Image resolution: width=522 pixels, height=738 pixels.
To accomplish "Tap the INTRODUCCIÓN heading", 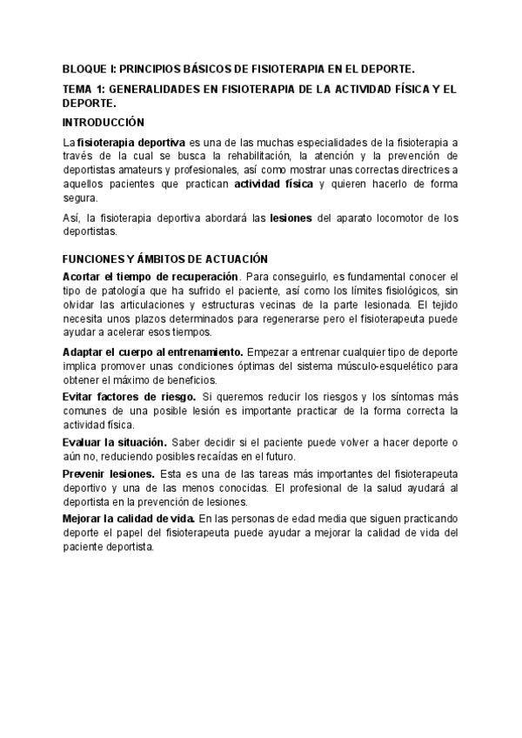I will (104, 122).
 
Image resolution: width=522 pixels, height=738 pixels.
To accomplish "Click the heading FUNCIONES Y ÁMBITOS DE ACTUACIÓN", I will (164, 259).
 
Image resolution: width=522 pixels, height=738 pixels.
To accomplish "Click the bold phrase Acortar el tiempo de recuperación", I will (137, 276).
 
